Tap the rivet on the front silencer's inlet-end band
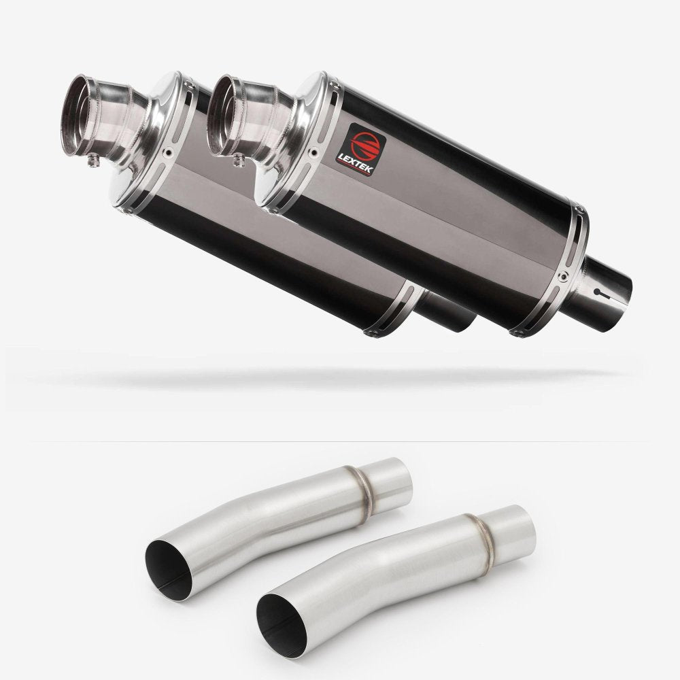point(565,276)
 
